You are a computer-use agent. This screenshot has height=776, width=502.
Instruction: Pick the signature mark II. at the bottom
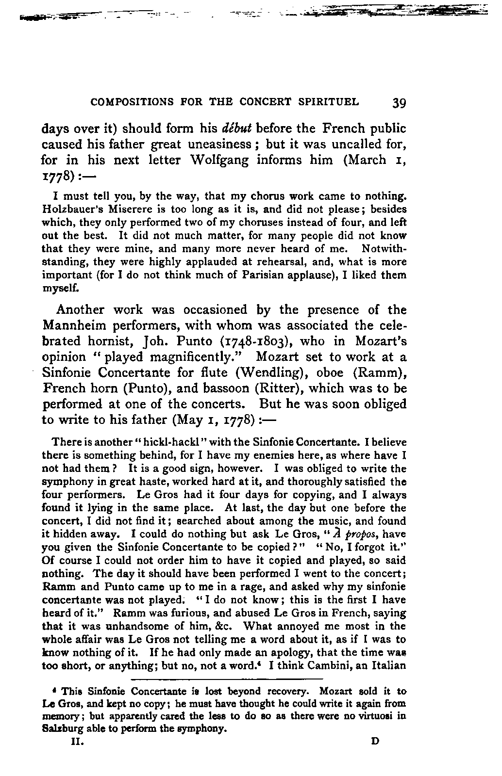77,742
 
